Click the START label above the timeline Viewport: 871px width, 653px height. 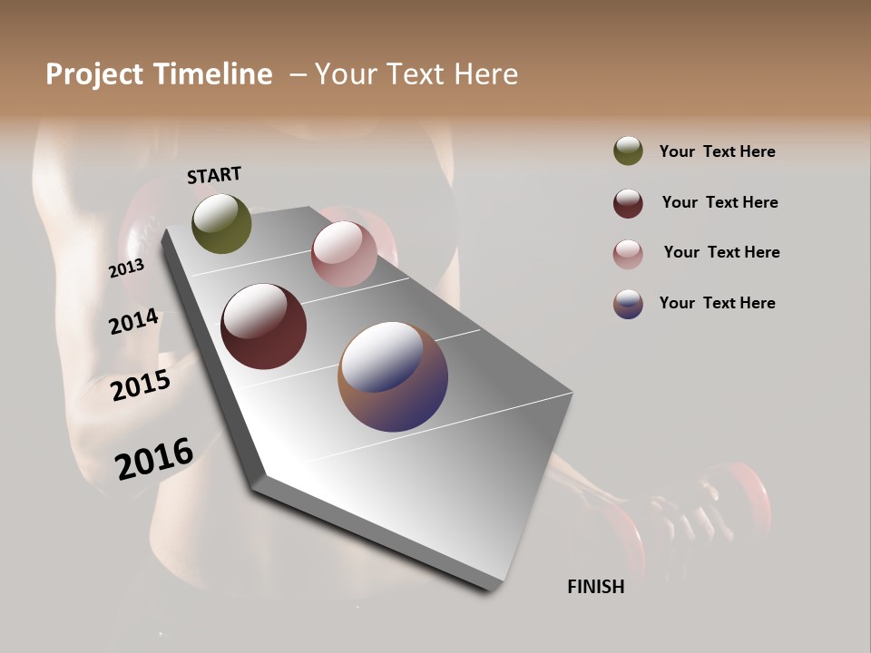coord(214,175)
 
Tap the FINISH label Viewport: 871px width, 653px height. coord(595,587)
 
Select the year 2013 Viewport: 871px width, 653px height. coord(126,268)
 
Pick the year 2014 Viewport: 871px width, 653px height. coord(134,322)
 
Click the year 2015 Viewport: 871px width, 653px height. coord(141,385)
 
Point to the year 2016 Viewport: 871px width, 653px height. coord(154,459)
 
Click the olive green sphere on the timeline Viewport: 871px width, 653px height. coord(221,223)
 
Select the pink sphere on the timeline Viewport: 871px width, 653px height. coord(344,253)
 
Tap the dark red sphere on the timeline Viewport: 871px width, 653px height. coord(263,326)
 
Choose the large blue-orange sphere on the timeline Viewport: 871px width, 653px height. coord(393,375)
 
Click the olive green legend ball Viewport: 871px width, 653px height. coord(628,151)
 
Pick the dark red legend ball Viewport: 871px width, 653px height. coord(628,203)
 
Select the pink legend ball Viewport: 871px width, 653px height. coord(628,254)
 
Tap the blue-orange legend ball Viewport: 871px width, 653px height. coord(628,304)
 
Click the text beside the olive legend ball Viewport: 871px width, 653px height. coord(717,151)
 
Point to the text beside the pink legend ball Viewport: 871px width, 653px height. coord(721,252)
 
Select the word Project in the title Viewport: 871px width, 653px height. coord(94,74)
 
